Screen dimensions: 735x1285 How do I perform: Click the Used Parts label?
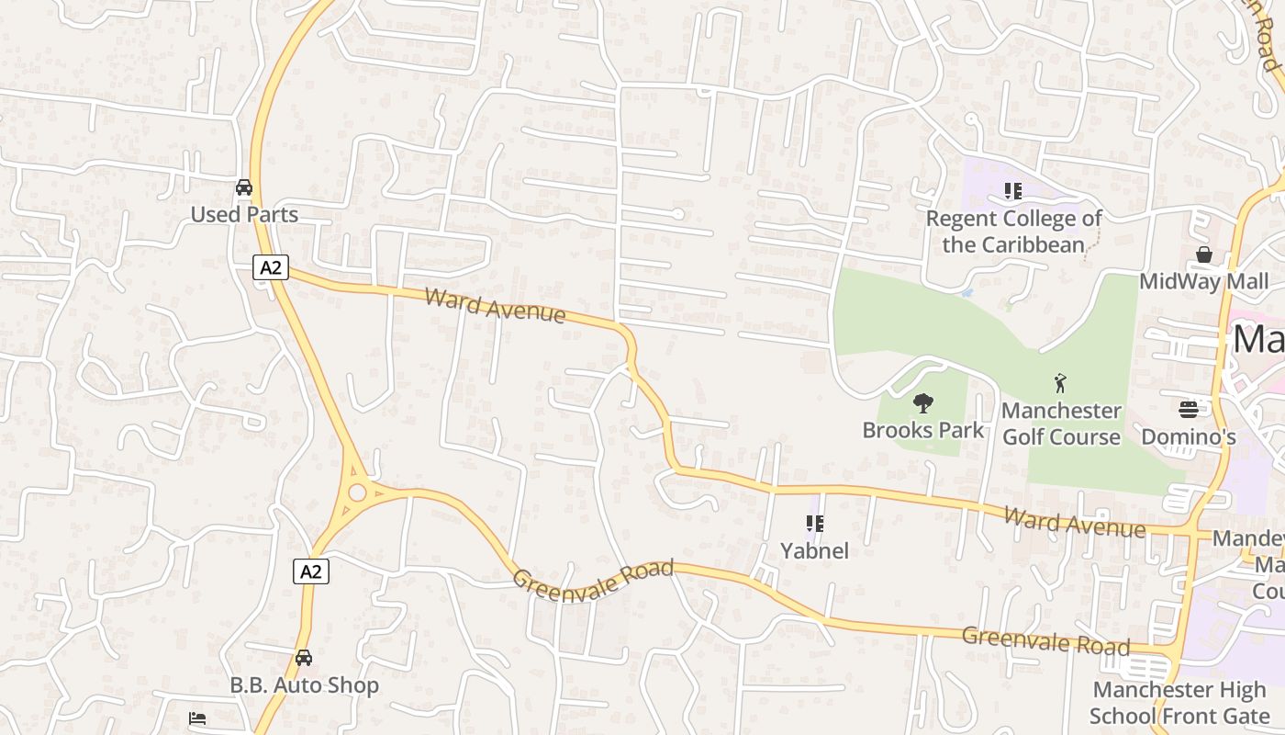coord(244,215)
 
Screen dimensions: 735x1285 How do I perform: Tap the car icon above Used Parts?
coord(244,187)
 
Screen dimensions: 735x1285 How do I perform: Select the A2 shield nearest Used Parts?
coord(271,268)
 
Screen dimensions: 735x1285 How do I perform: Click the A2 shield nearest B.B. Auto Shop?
coord(311,571)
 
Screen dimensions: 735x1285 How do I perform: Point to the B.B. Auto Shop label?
coord(304,685)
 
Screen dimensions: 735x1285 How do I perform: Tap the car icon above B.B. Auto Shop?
coord(304,658)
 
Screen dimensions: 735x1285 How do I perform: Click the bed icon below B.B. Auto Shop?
coord(197,718)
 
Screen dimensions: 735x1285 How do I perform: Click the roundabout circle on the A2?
coord(357,493)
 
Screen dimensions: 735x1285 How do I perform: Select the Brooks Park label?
coord(922,430)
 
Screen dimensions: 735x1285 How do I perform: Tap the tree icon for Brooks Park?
coord(923,402)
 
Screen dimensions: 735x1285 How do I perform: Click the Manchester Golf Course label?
coord(1061,424)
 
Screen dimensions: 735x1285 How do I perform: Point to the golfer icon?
coord(1061,382)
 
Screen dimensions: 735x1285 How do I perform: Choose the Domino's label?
coord(1189,436)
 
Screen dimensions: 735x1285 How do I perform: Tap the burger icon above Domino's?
coord(1189,409)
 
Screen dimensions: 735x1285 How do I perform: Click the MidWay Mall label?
coord(1203,281)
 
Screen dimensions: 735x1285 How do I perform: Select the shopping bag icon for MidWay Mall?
coord(1203,254)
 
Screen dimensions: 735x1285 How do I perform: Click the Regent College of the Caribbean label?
coord(1013,232)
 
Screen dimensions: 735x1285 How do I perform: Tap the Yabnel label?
coord(814,551)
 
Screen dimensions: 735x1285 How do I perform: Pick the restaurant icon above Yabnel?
coord(814,524)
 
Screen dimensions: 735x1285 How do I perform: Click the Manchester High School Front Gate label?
coord(1179,703)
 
